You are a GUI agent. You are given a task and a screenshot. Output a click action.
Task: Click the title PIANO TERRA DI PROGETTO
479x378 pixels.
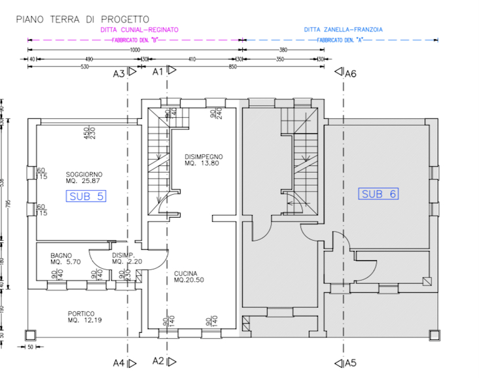coord(82,20)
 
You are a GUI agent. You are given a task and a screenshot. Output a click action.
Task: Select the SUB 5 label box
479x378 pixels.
coord(86,196)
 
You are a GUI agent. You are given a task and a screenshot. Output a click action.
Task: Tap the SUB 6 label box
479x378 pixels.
coord(380,194)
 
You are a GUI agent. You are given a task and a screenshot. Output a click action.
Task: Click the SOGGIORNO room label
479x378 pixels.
coord(84,177)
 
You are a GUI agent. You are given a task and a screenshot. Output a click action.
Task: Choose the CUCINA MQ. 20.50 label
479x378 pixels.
coord(190,277)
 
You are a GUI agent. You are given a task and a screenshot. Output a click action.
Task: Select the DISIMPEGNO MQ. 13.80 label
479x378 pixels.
coord(204,160)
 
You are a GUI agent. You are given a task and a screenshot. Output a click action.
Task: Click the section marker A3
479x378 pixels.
coord(122,74)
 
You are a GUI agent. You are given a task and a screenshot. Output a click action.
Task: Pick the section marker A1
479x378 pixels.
coord(160,72)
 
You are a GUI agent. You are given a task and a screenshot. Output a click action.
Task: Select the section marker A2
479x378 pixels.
coord(160,361)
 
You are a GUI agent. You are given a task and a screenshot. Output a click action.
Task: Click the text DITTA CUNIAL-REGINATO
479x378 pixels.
coord(139,30)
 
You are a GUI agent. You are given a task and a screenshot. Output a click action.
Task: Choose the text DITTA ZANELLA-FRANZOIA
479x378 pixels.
coord(343,30)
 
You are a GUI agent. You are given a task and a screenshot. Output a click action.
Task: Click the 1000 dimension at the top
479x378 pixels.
coord(135,50)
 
